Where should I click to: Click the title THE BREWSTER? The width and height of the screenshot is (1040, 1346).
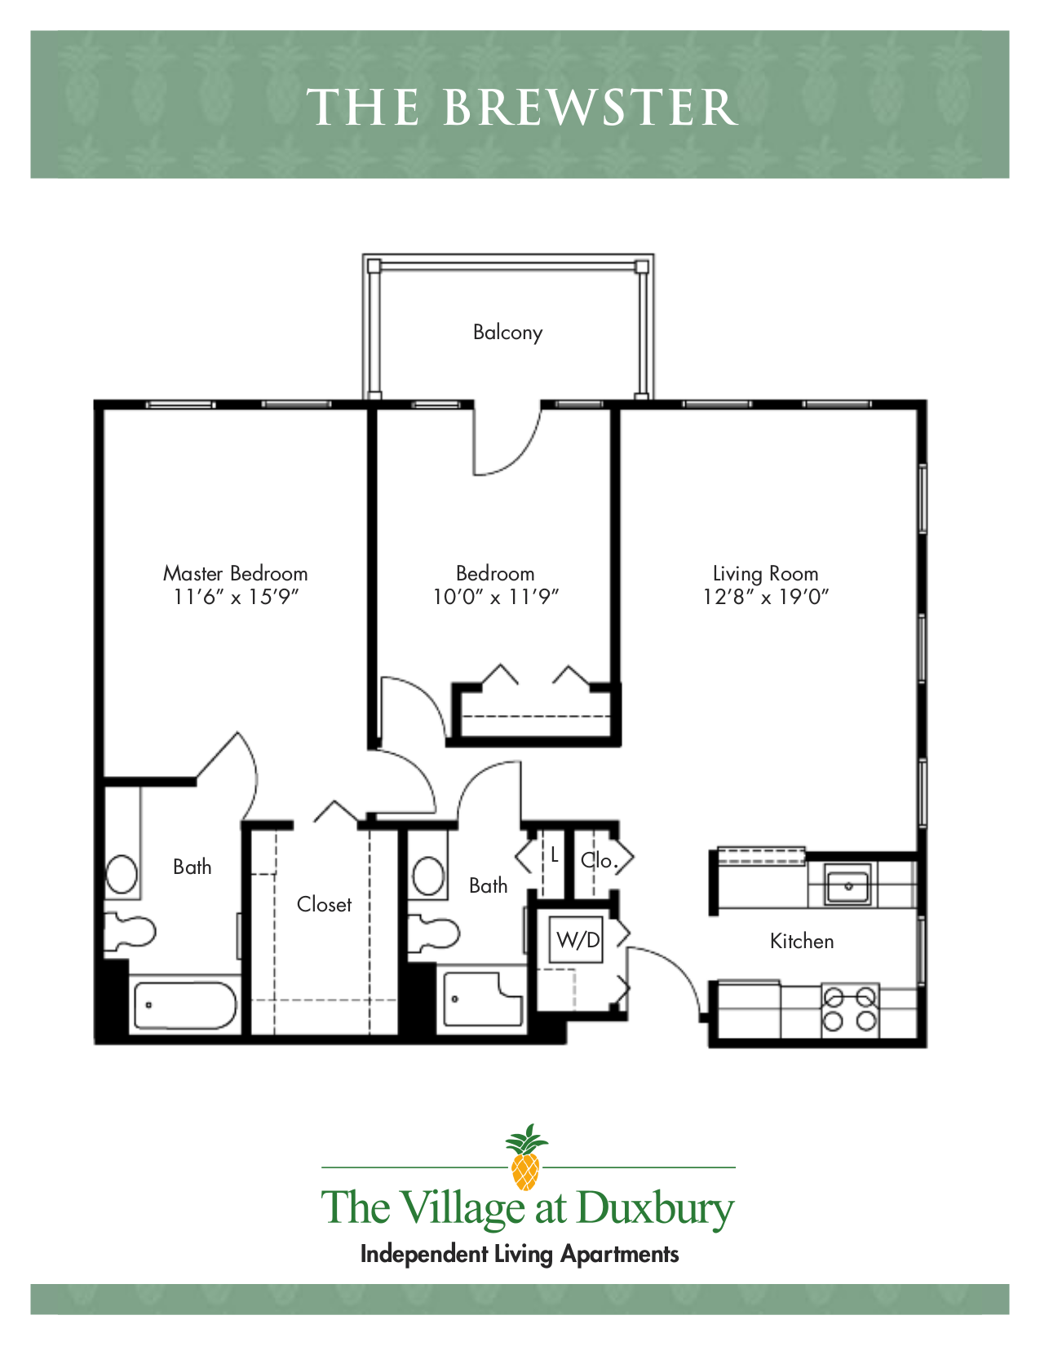[x=522, y=108]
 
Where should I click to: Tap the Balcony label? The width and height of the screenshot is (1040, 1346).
[x=507, y=333]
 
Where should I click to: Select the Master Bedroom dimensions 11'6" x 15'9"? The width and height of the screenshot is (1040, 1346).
[x=236, y=598]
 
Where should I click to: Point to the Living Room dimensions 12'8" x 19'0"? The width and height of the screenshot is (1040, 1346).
[x=765, y=598]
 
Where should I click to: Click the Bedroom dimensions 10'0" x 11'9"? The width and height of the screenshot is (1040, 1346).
[x=495, y=598]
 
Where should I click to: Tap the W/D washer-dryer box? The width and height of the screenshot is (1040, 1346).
[x=578, y=940]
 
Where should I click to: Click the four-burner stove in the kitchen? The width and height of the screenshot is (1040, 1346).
[x=849, y=1009]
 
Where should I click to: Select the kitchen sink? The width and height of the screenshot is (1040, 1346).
[x=847, y=885]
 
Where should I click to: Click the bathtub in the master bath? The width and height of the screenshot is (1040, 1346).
[x=185, y=1005]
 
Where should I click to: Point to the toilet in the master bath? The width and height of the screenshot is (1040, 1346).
[x=130, y=931]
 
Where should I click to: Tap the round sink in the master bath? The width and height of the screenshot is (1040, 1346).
[x=122, y=875]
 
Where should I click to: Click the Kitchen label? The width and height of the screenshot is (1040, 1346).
[x=802, y=942]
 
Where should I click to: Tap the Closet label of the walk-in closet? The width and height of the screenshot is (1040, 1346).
[x=324, y=905]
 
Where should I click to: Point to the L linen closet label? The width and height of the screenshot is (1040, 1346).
[x=555, y=855]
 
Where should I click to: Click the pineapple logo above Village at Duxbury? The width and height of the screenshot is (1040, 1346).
[x=525, y=1157]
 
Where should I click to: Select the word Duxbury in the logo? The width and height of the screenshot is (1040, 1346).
[x=655, y=1209]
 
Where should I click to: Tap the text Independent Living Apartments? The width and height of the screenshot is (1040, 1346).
[x=520, y=1255]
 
